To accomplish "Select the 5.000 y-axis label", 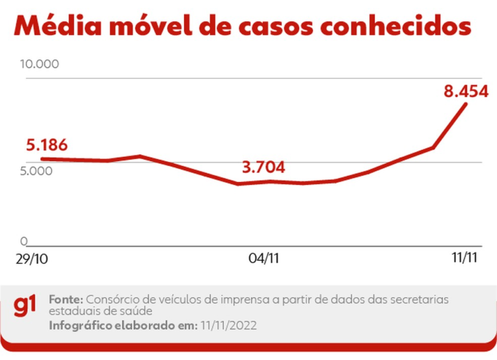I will coord(36,172).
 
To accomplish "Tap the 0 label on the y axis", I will coord(24,242).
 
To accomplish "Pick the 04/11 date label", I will coord(263,258).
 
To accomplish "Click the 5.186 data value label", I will coord(47,145).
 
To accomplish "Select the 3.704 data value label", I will coord(263,168).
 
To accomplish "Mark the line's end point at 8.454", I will coord(466,104).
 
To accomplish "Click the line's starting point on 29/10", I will coord(42,159).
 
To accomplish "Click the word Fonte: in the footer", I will coord(66,300).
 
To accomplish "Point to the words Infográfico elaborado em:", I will coord(122,326).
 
